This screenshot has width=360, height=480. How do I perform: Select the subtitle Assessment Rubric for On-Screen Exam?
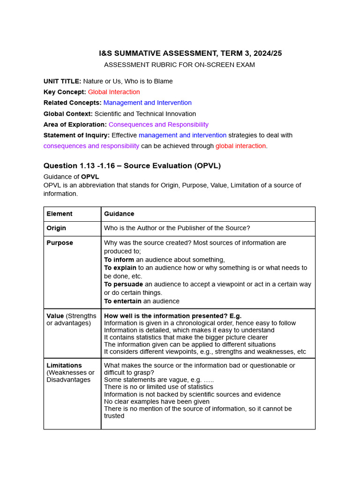tap(180, 65)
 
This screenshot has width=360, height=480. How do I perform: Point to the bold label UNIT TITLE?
tap(62, 81)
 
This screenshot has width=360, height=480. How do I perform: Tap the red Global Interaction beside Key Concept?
tap(114, 92)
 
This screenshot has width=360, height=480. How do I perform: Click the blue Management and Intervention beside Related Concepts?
tap(147, 103)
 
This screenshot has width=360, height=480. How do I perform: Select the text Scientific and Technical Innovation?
tap(145, 113)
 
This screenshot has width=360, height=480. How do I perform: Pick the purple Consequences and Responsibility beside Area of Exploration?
tap(158, 124)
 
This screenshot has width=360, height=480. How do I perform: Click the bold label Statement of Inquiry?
tap(76, 135)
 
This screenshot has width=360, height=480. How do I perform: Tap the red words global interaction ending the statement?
tap(240, 146)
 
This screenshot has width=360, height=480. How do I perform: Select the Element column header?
tap(60, 214)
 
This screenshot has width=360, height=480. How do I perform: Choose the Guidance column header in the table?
tap(119, 214)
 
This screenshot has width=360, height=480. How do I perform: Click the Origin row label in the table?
tap(56, 228)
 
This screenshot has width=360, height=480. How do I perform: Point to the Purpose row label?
tap(60, 243)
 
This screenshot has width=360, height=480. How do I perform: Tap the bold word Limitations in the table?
tap(64, 365)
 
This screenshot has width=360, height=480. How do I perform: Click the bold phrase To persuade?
tap(123, 285)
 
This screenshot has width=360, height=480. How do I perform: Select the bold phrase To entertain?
tap(122, 301)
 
